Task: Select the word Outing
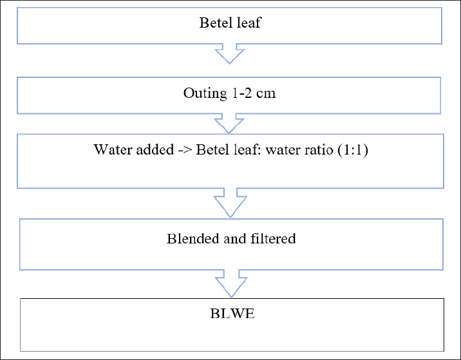click(205, 93)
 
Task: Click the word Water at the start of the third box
click(112, 149)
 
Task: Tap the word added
click(155, 149)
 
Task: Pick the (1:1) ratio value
click(353, 150)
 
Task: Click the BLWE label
click(232, 314)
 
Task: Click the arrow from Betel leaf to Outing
click(230, 54)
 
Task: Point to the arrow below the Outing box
click(229, 124)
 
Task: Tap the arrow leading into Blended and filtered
click(230, 203)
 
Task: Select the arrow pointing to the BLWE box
click(231, 284)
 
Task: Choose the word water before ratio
click(285, 150)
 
